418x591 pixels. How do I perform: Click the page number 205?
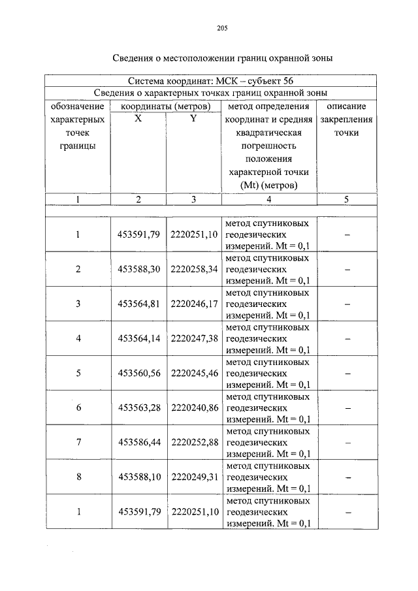click(x=221, y=27)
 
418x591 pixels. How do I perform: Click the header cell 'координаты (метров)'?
click(x=166, y=106)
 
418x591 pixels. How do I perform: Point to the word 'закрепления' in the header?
click(x=346, y=120)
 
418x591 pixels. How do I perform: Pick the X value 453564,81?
click(x=138, y=304)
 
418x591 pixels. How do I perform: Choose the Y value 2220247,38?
click(x=193, y=338)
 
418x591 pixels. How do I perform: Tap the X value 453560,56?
click(x=138, y=373)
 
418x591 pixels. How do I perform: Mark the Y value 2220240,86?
click(x=193, y=407)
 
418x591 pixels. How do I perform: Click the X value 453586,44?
click(x=138, y=442)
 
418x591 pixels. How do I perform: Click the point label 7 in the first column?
click(x=78, y=442)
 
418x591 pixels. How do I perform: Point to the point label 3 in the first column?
click(x=78, y=304)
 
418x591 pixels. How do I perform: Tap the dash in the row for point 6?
click(x=346, y=407)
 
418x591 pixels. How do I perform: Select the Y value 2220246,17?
click(x=193, y=304)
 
